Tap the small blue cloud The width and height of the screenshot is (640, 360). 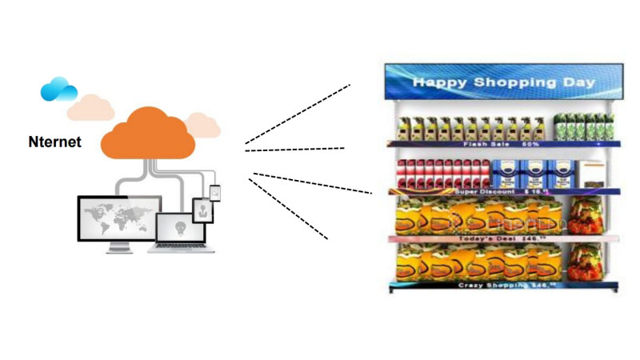click(58, 89)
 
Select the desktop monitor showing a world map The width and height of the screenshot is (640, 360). click(119, 217)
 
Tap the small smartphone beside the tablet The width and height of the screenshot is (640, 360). click(214, 193)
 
